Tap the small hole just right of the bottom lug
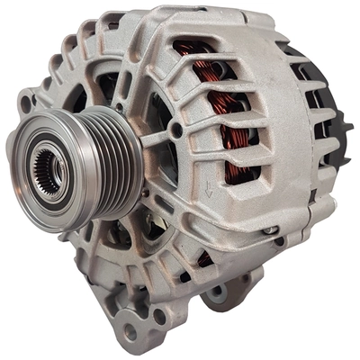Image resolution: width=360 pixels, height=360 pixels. point(159,316)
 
